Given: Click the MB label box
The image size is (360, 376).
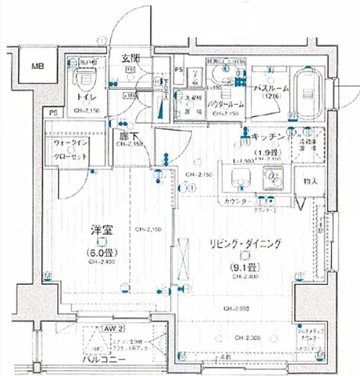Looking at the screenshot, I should tap(37, 67).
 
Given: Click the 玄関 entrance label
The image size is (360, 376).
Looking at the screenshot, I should tap(130, 59).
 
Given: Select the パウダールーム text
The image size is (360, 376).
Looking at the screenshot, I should tap(226, 105).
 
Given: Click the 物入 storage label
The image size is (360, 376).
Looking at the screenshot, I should tap(311, 180).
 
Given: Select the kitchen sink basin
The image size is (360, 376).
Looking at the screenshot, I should tap(239, 178).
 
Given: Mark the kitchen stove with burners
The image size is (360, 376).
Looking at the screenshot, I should tap(271, 178).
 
